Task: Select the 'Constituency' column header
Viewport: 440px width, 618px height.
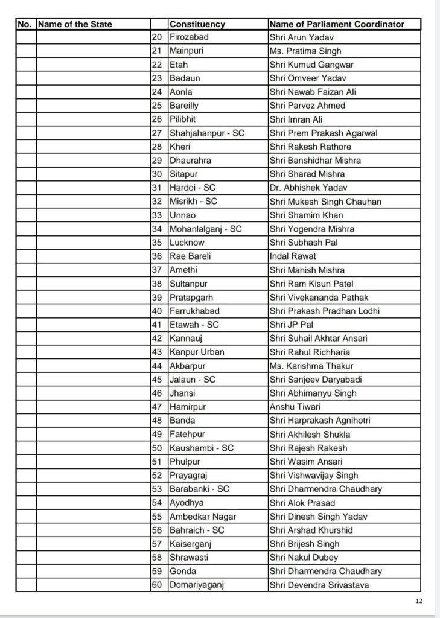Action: click(197, 25)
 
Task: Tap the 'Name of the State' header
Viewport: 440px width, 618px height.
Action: click(74, 25)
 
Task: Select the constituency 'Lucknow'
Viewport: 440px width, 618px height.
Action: click(188, 242)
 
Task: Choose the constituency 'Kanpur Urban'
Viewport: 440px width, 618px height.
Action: click(196, 352)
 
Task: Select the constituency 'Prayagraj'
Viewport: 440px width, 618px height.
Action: click(190, 475)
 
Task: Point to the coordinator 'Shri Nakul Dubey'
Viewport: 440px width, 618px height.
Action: click(303, 556)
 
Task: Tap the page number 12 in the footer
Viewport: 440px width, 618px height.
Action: click(419, 601)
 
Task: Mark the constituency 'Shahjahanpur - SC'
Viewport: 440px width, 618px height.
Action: click(206, 133)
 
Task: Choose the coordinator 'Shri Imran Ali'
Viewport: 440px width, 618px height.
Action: click(297, 119)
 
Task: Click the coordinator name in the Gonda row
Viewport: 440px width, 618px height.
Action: click(325, 570)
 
